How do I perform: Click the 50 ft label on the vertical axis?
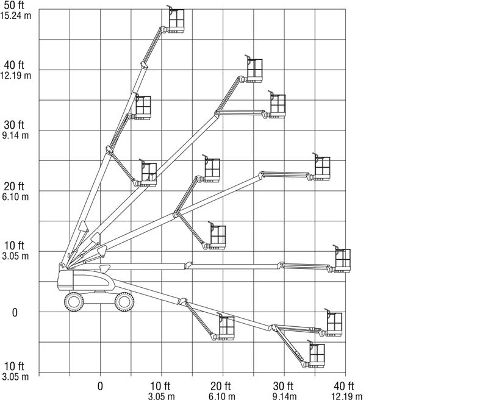click(x=14, y=5)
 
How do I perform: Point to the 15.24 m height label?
click(x=16, y=16)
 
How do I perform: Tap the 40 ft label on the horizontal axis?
click(x=344, y=387)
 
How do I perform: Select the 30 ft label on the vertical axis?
click(x=14, y=125)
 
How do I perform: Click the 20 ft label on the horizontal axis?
click(x=221, y=387)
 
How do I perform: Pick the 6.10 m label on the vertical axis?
click(x=15, y=196)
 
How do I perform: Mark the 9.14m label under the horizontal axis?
click(x=284, y=396)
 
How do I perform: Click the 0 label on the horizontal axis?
click(x=100, y=387)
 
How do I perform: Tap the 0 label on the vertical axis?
click(x=15, y=313)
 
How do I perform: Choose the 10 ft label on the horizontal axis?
click(x=160, y=387)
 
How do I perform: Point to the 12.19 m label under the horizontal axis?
click(x=346, y=396)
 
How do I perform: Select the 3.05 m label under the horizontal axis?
click(x=161, y=396)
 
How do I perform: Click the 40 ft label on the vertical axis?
click(x=14, y=65)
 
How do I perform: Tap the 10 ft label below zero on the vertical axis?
click(x=14, y=366)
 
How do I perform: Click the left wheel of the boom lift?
click(x=74, y=302)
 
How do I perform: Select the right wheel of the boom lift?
click(x=124, y=302)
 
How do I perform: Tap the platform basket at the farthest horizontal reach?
click(x=342, y=259)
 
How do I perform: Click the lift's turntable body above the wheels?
click(x=86, y=280)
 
